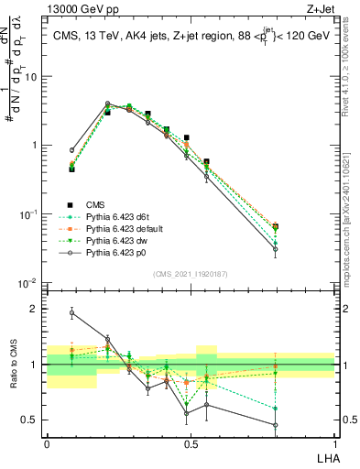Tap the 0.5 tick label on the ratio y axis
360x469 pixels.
[x=32, y=420]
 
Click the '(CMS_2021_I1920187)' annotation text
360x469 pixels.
[x=190, y=275]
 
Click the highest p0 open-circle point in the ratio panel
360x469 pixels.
[x=71, y=312]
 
